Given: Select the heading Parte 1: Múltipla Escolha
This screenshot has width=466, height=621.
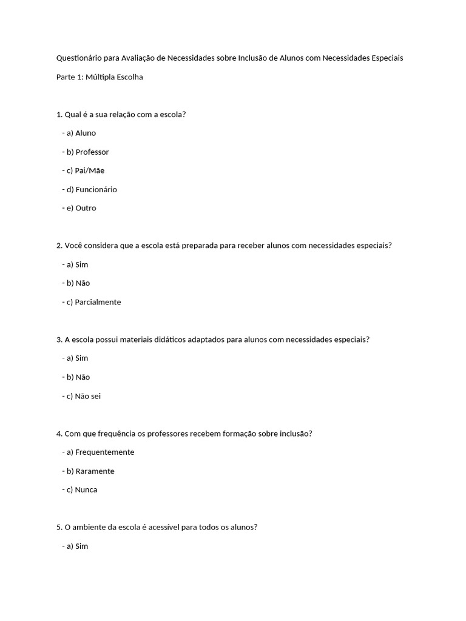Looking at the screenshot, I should pos(99,77).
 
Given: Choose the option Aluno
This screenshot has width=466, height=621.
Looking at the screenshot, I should pos(86,133).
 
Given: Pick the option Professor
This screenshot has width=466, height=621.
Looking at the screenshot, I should pos(92,152).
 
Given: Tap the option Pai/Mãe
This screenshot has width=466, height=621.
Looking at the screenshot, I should pos(90,170).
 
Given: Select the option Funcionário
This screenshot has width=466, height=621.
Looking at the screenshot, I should pos(96,189).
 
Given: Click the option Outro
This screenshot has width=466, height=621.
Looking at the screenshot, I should pos(86,208).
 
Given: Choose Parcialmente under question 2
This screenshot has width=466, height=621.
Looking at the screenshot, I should pos(98,302).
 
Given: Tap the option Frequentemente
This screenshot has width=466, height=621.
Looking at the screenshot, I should pos(104,452).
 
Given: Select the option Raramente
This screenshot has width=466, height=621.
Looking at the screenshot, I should pos(95,471).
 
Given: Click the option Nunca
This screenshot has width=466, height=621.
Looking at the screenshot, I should pos(86,489).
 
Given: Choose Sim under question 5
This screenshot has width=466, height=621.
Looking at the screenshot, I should pos(82,546).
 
